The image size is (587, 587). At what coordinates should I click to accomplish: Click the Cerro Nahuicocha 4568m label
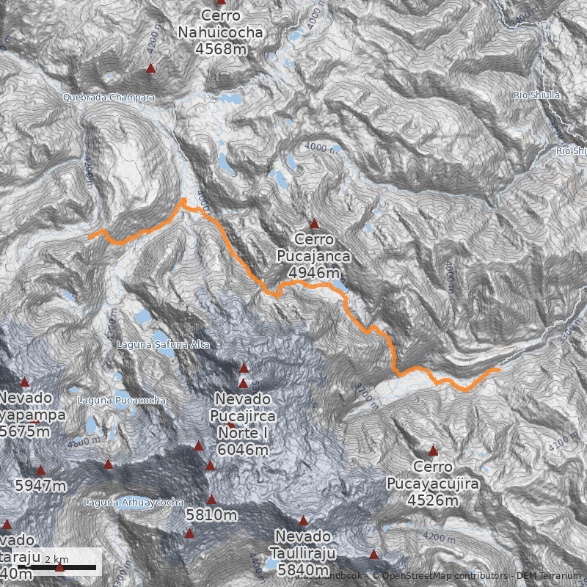coord(220,33)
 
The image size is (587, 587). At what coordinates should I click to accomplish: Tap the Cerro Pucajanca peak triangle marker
coord(315,224)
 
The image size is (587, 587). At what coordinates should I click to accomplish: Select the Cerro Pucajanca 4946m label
coord(314,256)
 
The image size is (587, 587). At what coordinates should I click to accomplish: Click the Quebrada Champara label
coord(109,97)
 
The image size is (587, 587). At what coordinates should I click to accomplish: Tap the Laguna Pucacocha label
coord(121,401)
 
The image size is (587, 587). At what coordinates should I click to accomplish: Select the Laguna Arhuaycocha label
coord(134,503)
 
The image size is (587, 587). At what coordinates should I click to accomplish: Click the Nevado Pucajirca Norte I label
coord(242,424)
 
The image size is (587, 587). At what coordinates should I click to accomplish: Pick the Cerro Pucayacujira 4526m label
coord(433,484)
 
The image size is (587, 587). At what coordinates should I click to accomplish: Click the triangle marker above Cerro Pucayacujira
coord(433,451)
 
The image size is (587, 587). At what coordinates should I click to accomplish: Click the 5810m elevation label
coord(211,515)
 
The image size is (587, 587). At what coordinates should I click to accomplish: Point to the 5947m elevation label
coord(40,486)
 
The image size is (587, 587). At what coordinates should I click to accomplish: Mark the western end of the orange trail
coord(90,236)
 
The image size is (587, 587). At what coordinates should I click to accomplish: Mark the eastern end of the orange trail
coord(498,370)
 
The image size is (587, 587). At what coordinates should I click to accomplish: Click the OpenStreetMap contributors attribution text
coord(440,576)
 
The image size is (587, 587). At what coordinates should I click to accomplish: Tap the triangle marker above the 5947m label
coord(40,470)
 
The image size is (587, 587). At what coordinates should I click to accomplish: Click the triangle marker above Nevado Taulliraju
coord(303,520)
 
